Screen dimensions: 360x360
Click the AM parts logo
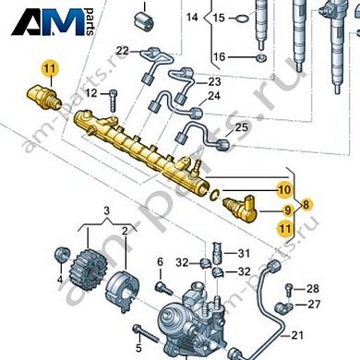57,22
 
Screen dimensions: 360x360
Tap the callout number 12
90,94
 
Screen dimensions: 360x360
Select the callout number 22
122,50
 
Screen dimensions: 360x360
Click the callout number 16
218,57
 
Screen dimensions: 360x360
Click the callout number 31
244,254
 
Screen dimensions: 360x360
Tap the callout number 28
312,288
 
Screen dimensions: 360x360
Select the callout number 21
296,334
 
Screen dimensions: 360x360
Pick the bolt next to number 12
113,93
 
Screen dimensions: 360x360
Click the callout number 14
192,18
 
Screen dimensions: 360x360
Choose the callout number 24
213,96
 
